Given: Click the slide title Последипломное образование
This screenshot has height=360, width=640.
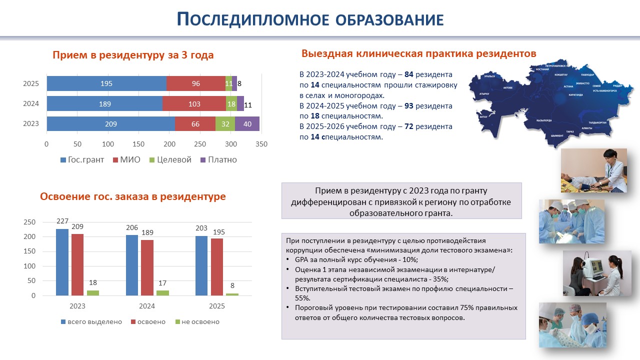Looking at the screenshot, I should coord(310,19).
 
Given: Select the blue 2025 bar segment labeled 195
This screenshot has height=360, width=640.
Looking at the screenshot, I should coord(106,83).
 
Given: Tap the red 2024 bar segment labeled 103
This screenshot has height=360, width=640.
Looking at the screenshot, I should coord(194,104).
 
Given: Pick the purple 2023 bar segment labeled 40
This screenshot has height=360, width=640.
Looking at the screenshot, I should coord(247,124).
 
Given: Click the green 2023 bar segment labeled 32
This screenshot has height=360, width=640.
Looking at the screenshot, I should coord(225,124).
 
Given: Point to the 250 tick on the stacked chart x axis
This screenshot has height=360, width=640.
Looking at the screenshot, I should coord(200,144).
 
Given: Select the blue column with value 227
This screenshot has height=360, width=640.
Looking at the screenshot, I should coord(62,262).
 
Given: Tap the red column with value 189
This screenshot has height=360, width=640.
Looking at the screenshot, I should coord(147,267).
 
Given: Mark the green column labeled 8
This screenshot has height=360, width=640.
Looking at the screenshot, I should coord(232,294).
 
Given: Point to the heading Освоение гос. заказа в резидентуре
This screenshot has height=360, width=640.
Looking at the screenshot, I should coord(133,197).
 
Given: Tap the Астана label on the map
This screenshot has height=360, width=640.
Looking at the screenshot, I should coord(568,86).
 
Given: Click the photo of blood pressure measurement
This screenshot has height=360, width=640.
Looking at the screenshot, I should coord(593,170).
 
